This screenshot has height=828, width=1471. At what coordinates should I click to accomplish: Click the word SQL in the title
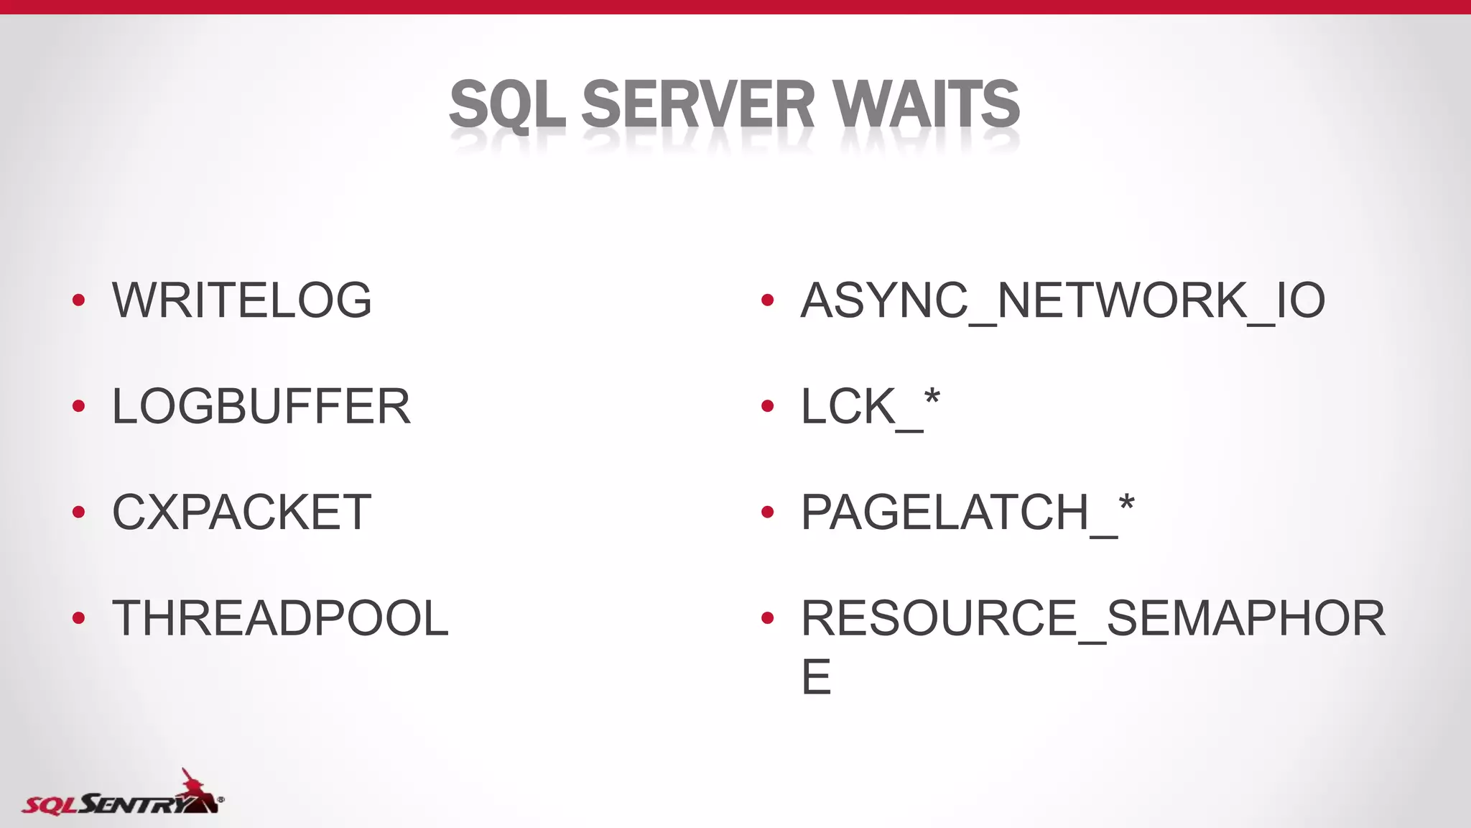[507, 105]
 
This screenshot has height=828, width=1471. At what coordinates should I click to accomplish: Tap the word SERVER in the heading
[697, 105]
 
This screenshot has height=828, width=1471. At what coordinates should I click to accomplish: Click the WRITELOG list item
[242, 300]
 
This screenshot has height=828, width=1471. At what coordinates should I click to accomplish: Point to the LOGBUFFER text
[261, 406]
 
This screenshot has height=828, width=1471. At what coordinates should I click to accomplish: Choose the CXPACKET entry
[242, 512]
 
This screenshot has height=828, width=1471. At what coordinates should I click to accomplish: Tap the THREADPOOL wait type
[280, 618]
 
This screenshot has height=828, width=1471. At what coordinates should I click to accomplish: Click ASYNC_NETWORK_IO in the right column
[1062, 300]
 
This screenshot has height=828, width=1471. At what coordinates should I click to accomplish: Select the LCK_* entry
[870, 406]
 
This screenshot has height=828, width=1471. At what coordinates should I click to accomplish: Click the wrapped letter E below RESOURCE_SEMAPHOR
[816, 676]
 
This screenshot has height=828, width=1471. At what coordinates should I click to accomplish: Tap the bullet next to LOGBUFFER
[79, 406]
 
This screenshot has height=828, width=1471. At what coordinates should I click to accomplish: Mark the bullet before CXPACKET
[79, 512]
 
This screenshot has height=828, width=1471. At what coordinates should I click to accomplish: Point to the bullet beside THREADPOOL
[79, 618]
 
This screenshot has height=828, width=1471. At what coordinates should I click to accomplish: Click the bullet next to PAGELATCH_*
[767, 512]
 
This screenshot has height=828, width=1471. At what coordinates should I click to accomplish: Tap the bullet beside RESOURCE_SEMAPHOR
[767, 618]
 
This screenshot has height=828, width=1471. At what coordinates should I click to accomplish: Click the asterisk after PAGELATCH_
[1126, 503]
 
